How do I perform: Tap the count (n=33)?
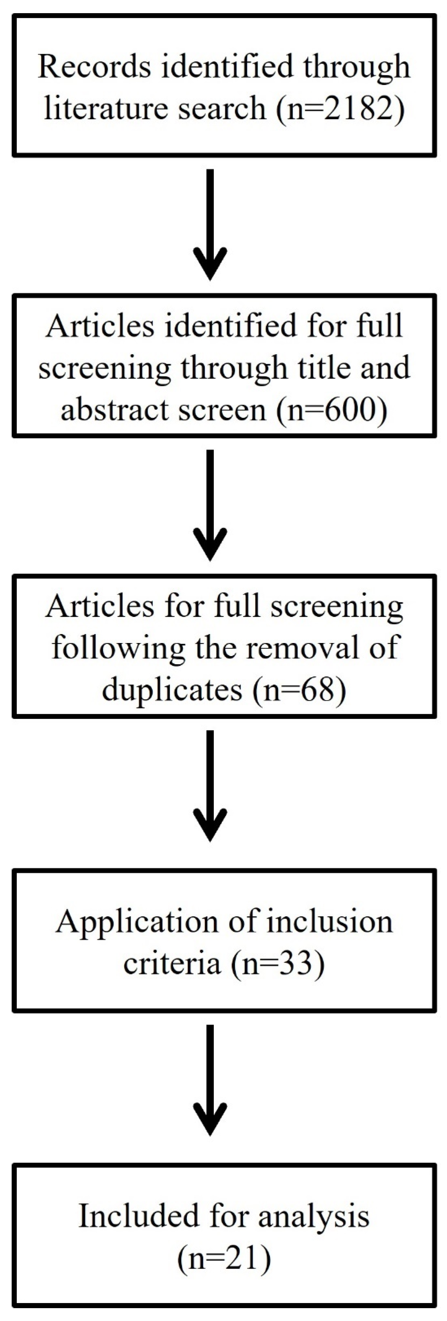278,963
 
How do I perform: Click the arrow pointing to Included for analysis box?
210,1079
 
